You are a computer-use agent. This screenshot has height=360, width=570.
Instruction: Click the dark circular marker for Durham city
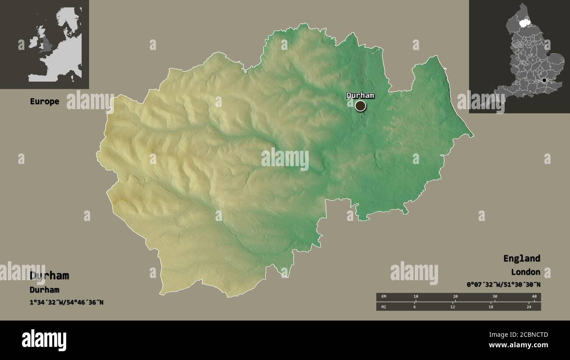pyautogui.click(x=360, y=106)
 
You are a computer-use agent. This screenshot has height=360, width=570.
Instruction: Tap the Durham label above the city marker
pyautogui.click(x=360, y=95)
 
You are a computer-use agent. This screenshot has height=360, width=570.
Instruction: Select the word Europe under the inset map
pyautogui.click(x=44, y=101)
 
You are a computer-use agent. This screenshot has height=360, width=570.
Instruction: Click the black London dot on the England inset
pyautogui.click(x=544, y=80)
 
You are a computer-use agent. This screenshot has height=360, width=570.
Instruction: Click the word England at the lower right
pyautogui.click(x=521, y=258)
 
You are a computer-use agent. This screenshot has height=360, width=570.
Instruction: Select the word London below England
pyautogui.click(x=525, y=272)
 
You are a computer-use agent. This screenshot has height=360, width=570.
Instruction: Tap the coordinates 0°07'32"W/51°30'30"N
pyautogui.click(x=503, y=285)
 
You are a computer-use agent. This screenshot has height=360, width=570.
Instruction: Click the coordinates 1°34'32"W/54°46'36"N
pyautogui.click(x=67, y=302)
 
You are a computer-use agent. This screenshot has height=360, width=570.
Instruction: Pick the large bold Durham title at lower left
pyautogui.click(x=49, y=275)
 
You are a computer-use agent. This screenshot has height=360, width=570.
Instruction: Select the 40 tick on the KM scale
pyautogui.click(x=534, y=297)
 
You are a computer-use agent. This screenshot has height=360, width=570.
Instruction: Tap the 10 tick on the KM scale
pyautogui.click(x=416, y=297)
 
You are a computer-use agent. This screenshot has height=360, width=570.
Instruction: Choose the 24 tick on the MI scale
pyautogui.click(x=529, y=307)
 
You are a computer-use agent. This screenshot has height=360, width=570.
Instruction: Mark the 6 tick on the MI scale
pyautogui.click(x=414, y=307)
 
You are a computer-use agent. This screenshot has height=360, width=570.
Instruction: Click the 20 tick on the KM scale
pyautogui.click(x=455, y=297)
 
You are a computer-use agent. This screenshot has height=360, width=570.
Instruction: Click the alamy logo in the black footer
pyautogui.click(x=44, y=340)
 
